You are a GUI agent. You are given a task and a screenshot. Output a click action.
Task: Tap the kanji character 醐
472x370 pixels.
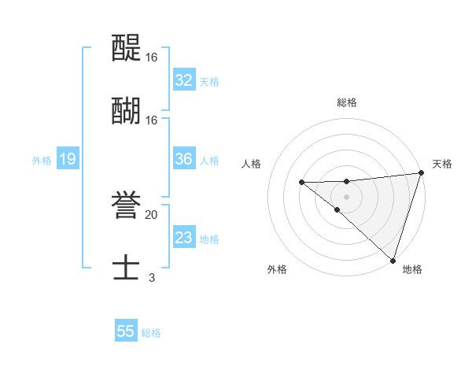(126, 111)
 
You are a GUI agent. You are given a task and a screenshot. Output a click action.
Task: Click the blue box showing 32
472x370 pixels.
(183, 80)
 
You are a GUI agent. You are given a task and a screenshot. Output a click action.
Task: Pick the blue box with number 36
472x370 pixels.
(183, 159)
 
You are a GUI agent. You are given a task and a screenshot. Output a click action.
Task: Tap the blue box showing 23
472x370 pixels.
(183, 238)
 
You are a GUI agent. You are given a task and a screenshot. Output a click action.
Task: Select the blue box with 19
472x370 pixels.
(67, 160)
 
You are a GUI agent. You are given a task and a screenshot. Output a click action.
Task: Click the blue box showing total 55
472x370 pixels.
(126, 331)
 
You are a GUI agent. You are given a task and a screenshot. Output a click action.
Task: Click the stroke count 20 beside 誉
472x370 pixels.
(151, 214)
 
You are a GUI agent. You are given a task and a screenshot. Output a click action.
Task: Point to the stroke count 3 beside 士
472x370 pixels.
(151, 277)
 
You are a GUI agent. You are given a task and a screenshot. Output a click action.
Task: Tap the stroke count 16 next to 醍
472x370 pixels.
(151, 57)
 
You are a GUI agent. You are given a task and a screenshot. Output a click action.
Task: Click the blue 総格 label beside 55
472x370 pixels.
(151, 333)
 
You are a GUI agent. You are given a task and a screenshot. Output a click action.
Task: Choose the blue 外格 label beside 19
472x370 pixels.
(42, 161)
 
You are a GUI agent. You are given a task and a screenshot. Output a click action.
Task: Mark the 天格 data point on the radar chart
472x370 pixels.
(421, 173)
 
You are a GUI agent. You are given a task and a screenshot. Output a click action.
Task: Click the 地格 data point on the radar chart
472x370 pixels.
(392, 260)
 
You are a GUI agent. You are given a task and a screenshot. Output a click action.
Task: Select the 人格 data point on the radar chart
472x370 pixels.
(301, 183)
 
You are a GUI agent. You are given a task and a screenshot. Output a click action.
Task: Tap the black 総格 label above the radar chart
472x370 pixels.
(347, 102)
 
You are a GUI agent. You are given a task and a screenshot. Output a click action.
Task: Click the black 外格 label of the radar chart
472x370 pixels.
(277, 270)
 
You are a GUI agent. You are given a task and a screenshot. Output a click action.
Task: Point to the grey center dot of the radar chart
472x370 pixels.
(346, 196)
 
